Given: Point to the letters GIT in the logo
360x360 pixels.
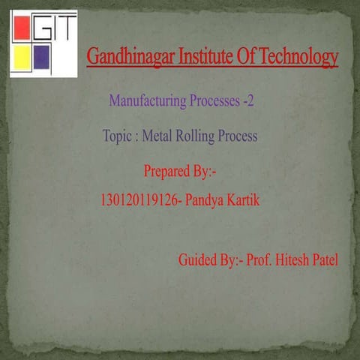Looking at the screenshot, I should pyautogui.click(x=53, y=28).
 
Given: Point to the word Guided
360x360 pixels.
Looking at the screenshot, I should pyautogui.click(x=199, y=261).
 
